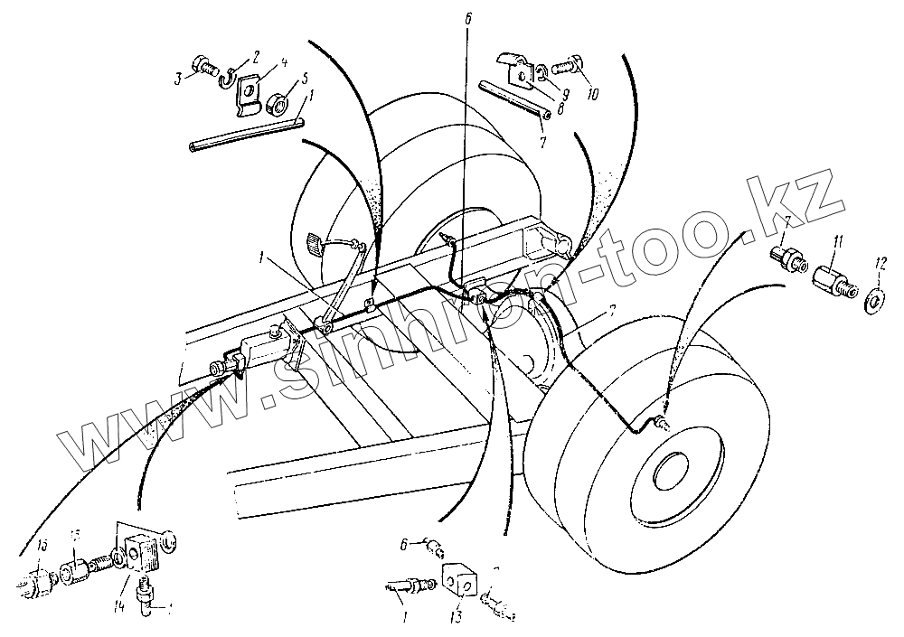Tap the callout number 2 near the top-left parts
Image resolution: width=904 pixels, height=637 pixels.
click(257, 56)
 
